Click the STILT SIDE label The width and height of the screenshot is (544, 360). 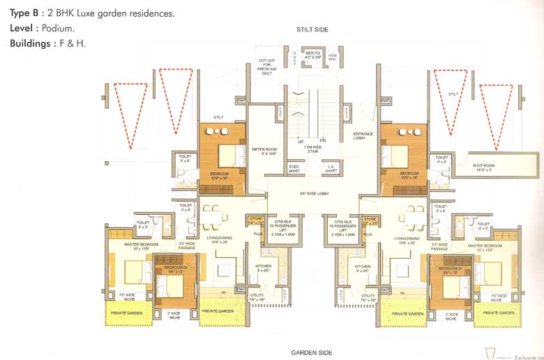point(312,30)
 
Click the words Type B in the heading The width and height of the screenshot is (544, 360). point(22,13)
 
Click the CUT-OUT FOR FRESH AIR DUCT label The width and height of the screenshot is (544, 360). point(266,67)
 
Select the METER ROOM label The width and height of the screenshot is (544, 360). point(264,151)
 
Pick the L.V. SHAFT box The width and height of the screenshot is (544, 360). point(331,168)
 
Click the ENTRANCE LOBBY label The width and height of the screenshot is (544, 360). point(363,136)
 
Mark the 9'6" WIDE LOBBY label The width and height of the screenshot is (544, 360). point(314,194)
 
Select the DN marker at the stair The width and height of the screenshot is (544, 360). point(323,140)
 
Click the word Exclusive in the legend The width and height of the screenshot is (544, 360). point(527,357)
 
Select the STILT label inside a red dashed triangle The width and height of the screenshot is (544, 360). point(453,93)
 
